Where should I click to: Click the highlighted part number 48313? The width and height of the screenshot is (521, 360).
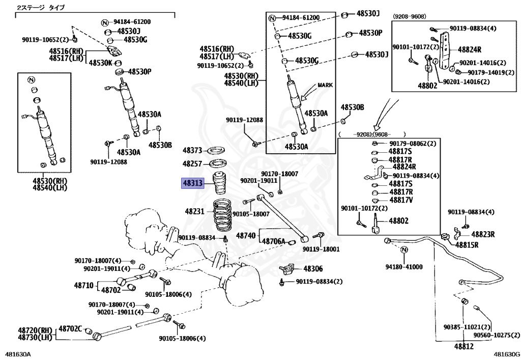point(192,183)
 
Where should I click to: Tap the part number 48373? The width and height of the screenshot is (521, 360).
point(192,151)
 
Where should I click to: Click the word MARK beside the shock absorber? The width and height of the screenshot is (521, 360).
point(325,85)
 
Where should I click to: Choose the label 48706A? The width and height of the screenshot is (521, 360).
point(273,241)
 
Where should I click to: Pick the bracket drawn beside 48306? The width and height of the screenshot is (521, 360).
point(286,268)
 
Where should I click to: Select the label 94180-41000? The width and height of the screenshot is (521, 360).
point(404,267)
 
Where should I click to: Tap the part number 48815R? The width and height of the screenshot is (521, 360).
point(467,245)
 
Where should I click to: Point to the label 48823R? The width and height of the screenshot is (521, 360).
point(483,234)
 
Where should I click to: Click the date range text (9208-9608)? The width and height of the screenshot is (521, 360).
point(410,16)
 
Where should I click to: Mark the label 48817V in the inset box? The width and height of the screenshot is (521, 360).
point(401,200)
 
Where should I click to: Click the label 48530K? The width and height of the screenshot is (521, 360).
point(101,63)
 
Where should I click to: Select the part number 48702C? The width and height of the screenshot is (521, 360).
point(70,329)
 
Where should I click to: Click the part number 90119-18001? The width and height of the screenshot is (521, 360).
point(322,249)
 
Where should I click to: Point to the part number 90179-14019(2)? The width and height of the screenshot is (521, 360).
point(491,72)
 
